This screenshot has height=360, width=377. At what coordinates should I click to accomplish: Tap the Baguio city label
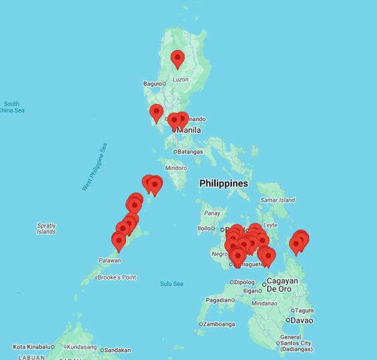point(152,83)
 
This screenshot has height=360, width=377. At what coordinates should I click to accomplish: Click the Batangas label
point(190,152)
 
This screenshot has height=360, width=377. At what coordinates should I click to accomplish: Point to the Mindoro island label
point(176,168)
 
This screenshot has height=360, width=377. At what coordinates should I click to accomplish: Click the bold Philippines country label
point(224,183)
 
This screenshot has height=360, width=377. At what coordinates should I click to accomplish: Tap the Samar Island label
point(278,200)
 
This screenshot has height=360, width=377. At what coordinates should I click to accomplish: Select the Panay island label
point(212,213)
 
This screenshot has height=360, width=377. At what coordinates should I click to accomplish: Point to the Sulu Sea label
point(171,284)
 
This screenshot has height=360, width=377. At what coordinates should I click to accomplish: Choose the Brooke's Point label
point(117,277)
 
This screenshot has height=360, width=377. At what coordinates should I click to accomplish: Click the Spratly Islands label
point(46,229)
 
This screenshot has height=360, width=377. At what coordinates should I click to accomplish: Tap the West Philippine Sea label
point(95,167)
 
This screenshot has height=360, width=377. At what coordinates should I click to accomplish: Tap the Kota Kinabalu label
point(31,347)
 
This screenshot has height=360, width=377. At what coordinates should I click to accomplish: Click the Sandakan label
point(117,350)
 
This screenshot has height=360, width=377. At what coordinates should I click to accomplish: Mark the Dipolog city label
point(244,282)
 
